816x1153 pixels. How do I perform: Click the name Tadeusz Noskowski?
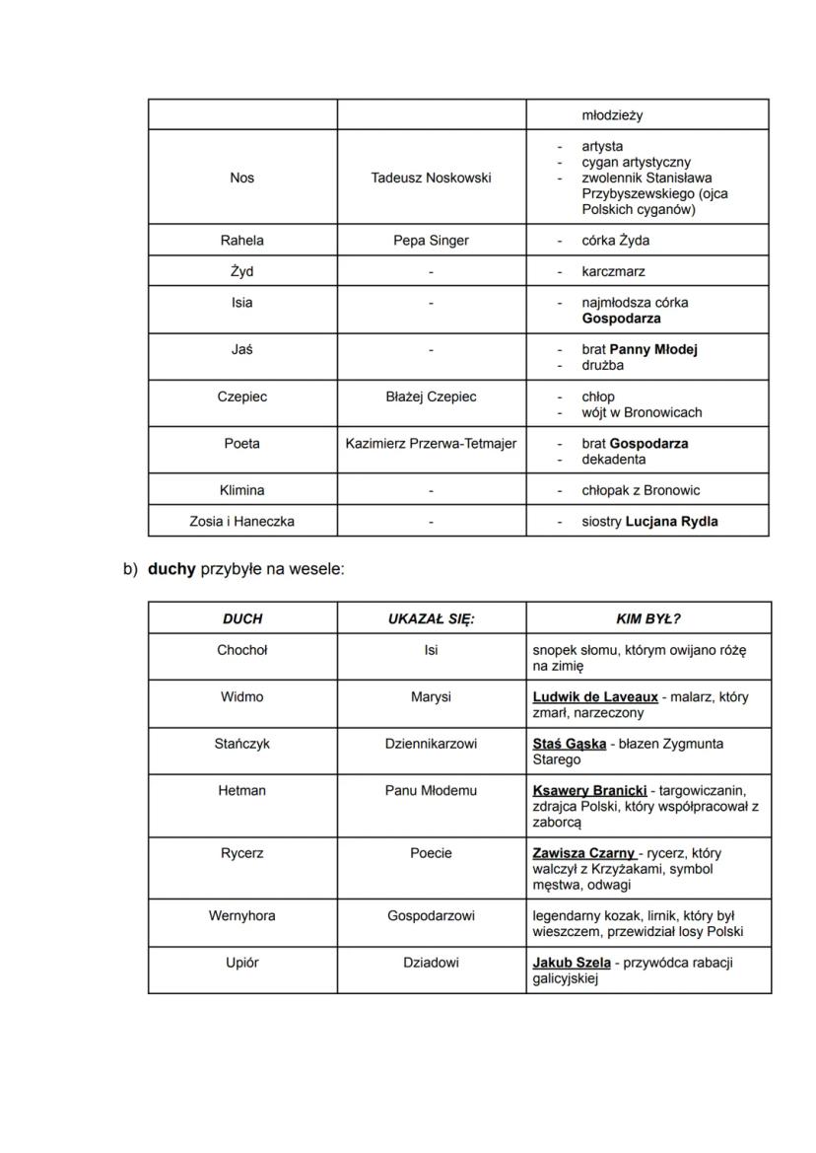431,178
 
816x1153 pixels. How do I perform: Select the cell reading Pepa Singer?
431,241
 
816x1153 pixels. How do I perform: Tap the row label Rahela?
241,241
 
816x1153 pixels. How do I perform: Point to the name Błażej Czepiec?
431,396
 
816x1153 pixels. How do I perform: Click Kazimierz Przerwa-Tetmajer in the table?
431,444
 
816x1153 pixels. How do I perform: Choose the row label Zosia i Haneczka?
241,522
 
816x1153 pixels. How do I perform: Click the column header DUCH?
241,619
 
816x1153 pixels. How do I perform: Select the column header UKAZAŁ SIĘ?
431,619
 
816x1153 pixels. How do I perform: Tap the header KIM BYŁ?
647,619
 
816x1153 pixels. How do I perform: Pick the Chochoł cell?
241,651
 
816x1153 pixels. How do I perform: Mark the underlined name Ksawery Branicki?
589,791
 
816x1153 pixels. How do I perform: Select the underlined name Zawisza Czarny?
583,853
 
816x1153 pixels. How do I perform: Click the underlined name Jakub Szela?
572,963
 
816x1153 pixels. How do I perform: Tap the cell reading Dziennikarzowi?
431,745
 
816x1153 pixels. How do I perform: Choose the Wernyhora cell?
241,916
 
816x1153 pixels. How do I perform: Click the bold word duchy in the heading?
171,569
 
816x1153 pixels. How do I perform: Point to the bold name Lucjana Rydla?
671,522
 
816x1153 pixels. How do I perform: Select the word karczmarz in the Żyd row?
613,272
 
